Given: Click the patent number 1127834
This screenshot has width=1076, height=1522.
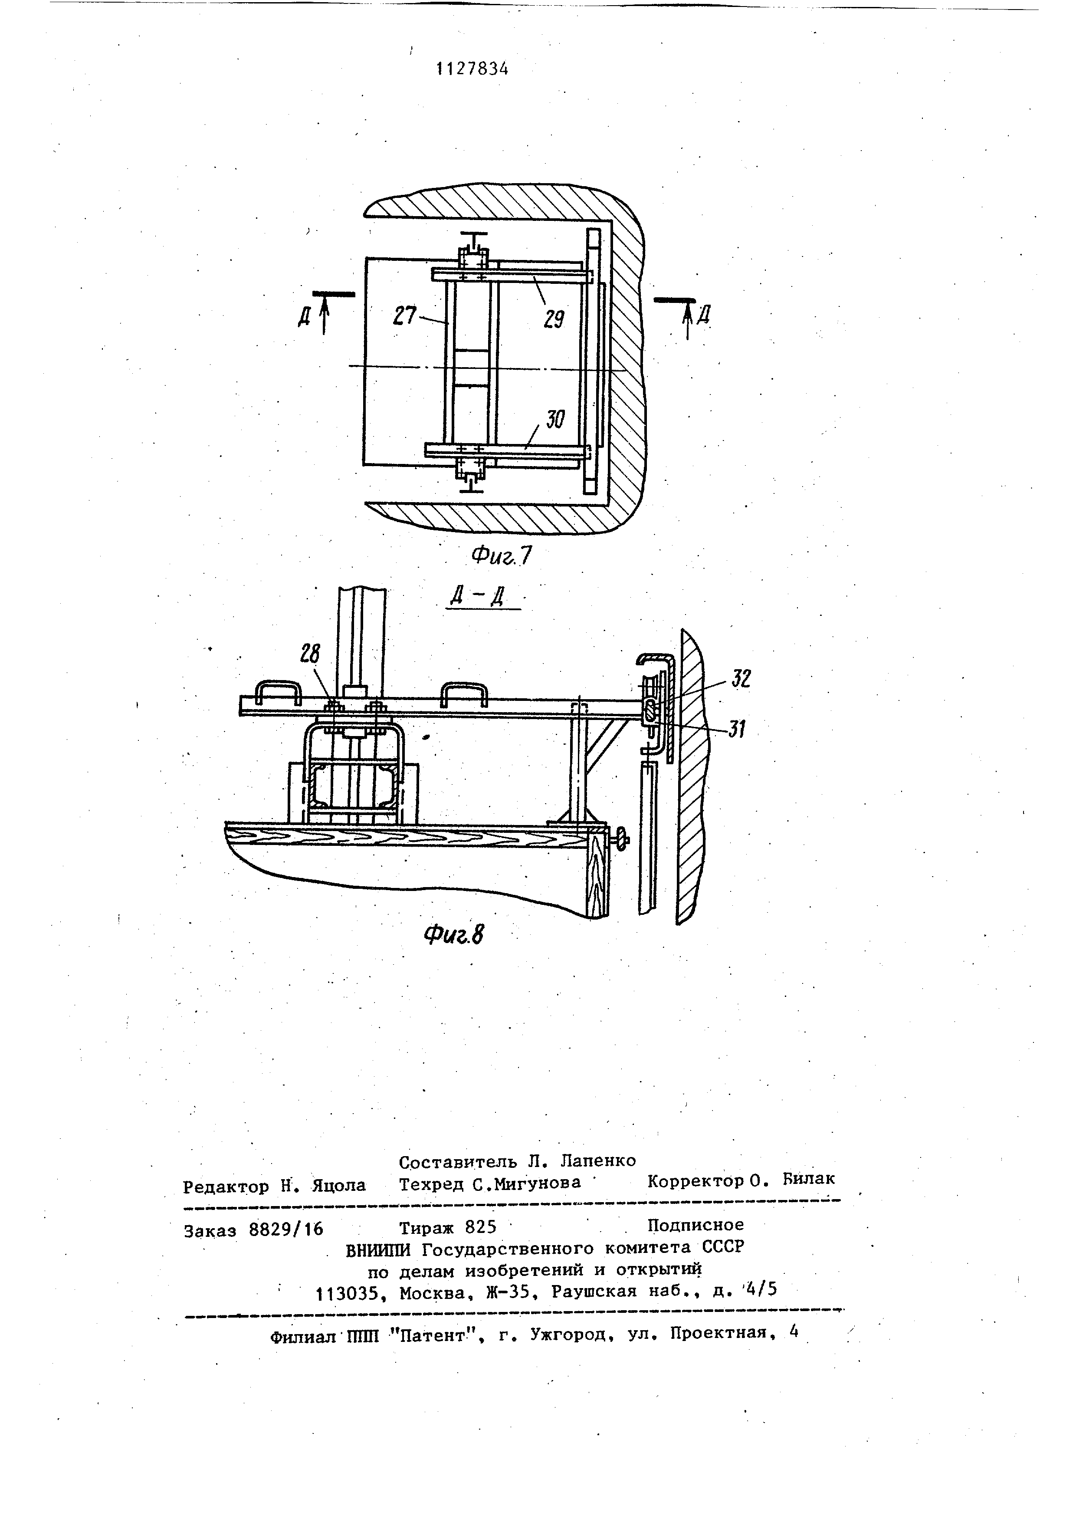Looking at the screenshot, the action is click(472, 68).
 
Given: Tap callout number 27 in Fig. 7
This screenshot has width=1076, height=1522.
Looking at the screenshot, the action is click(404, 317).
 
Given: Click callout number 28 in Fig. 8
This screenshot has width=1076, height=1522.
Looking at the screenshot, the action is click(309, 654).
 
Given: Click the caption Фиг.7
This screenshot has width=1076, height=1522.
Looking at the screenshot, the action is click(502, 556).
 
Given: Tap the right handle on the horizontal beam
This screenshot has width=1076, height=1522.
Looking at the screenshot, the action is click(464, 694).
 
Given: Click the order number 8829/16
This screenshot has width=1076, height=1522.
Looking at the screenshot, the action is click(285, 1229).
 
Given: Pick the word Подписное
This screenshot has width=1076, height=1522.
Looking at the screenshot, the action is click(695, 1224).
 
